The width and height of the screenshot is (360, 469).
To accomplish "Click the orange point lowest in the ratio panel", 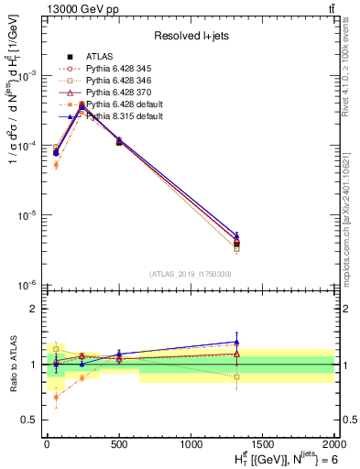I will tap(56, 397).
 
